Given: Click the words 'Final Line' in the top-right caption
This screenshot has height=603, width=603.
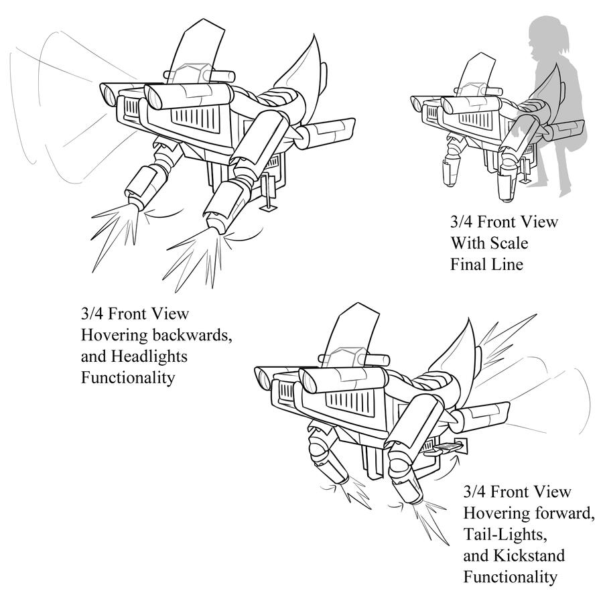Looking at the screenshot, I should pyautogui.click(x=486, y=264).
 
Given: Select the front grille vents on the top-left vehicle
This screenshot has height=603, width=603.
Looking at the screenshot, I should pyautogui.click(x=194, y=121).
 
